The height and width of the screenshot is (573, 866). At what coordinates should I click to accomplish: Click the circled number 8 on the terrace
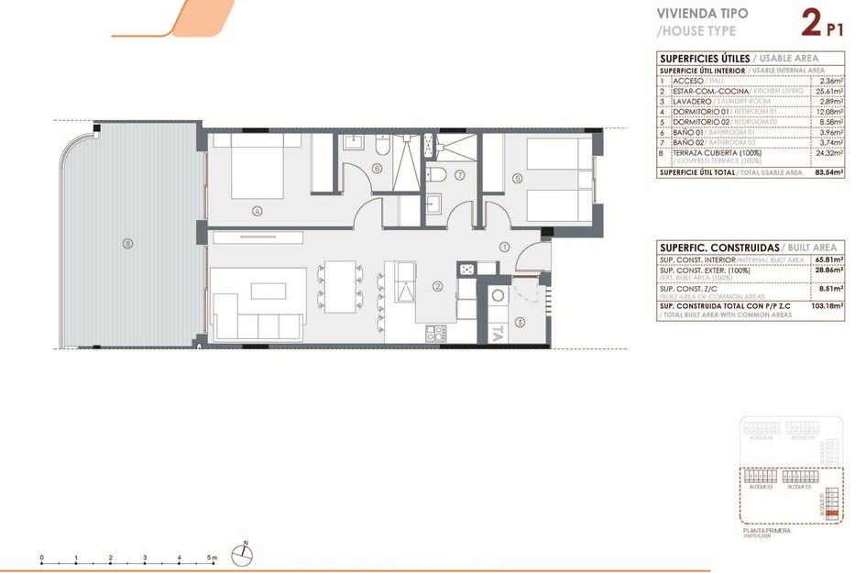pos(127,244)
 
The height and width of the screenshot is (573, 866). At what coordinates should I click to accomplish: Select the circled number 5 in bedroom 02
pos(518,178)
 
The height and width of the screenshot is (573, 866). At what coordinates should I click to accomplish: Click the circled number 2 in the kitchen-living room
pos(438,287)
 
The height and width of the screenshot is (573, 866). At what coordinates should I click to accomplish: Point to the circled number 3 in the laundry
pos(521,322)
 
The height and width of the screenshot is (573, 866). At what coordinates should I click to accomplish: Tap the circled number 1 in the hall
pos(505,247)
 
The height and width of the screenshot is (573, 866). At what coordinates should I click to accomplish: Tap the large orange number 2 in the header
pos(810,23)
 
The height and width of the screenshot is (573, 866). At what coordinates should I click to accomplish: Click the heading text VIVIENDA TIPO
pos(702,14)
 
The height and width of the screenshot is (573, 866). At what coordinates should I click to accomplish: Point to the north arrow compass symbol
pos(246,550)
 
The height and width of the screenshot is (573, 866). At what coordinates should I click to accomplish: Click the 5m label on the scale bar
pos(214,557)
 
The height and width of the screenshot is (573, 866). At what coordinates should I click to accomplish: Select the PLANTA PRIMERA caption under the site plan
pos(766,530)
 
